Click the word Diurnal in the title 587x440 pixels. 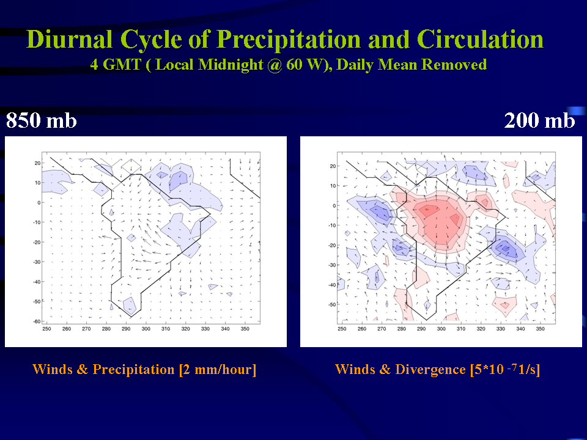pos(69,39)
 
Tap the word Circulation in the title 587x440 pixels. pos(480,39)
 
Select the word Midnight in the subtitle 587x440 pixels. pos(231,65)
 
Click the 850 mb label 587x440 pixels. pos(41,120)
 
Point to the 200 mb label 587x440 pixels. pos(539,120)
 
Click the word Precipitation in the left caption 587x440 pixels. pos(134,370)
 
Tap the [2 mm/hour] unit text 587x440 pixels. pos(218,370)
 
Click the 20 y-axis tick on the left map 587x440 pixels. pos(37,163)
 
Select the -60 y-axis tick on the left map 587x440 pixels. pos(37,321)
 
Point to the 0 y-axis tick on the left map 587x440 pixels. pos(39,203)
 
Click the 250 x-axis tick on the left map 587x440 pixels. pos(47,329)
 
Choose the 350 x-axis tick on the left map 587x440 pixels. pos(245,329)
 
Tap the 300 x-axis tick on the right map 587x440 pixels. pos(441,329)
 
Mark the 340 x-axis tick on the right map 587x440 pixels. pos(520,329)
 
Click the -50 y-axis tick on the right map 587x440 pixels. pos(332,304)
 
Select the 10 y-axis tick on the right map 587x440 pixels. pos(333,186)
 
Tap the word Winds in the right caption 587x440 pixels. pos(353,370)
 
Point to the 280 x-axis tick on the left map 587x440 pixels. pos(106,329)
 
